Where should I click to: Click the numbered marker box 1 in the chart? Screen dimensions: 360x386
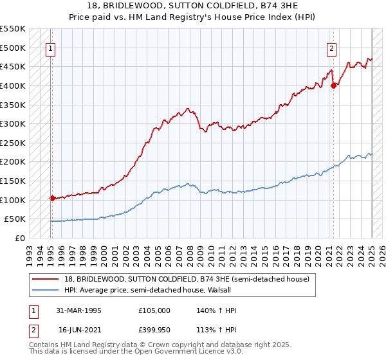coord(50,48)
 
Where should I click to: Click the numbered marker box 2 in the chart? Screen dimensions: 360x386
coord(331,48)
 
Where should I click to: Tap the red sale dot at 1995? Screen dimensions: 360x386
coord(51,198)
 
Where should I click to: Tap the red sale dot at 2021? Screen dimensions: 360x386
coord(333,85)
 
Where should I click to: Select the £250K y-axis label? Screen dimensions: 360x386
coord(13,143)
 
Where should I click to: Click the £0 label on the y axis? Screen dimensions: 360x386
coord(19,238)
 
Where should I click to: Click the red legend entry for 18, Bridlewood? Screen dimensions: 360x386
coord(187,279)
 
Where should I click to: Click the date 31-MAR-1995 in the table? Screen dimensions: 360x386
coord(79,310)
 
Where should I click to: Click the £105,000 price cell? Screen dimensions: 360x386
coord(155,310)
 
